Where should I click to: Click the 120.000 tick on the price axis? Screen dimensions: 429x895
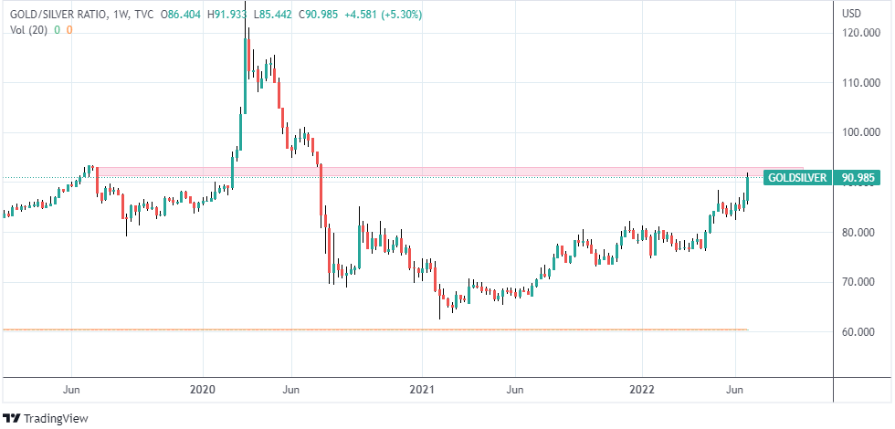[x=863, y=33]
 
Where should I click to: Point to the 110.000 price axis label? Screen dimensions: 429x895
[x=863, y=82]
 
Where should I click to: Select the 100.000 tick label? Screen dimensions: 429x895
[x=863, y=132]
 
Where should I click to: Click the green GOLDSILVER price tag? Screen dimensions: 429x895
[x=796, y=177]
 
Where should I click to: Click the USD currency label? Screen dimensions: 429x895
[x=852, y=14]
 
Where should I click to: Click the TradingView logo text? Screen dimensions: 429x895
[x=50, y=419]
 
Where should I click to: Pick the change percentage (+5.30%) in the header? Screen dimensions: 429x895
[x=399, y=15]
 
